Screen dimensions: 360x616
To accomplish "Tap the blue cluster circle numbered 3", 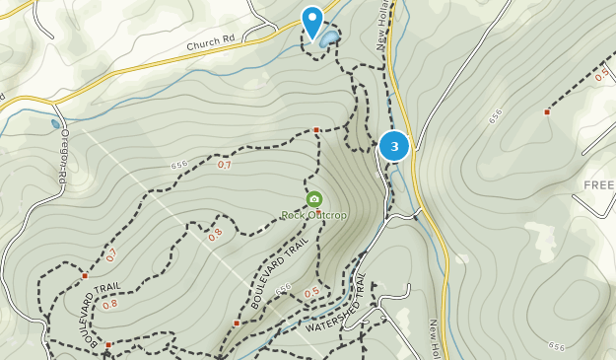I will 394,147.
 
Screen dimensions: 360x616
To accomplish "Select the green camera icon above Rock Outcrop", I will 314,199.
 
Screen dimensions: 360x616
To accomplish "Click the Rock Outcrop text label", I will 314,215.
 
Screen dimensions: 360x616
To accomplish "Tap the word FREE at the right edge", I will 598,185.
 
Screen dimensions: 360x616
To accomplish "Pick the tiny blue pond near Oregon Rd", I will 55,125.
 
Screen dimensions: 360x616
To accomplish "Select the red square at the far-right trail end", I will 546,112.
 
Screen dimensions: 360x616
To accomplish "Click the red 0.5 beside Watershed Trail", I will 311,292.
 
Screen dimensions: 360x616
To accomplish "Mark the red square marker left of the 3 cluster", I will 316,130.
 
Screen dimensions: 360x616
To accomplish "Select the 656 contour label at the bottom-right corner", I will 557,345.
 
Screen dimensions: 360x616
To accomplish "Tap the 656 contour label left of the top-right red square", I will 494,115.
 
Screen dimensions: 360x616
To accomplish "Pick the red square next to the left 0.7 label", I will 86,275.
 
